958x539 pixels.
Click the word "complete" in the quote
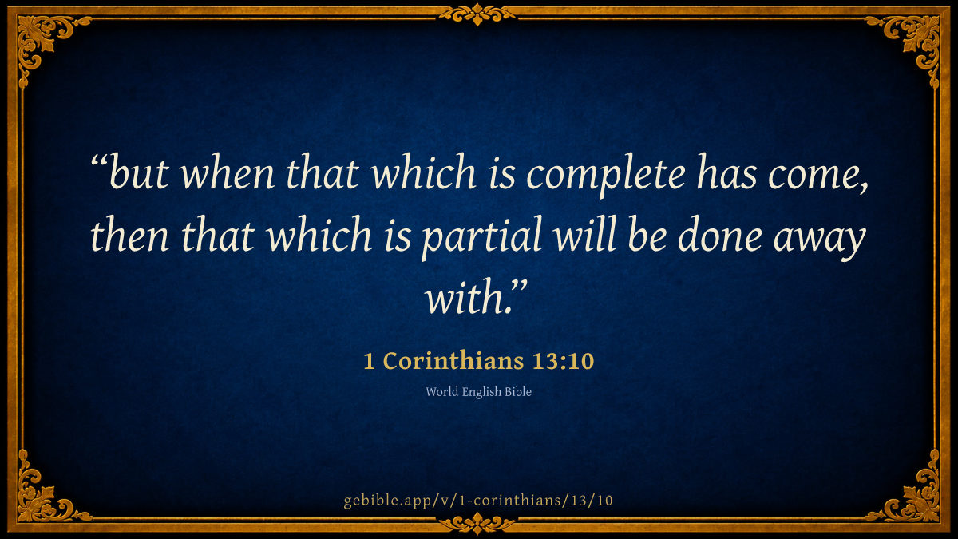coord(606,175)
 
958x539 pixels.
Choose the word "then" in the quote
coord(130,236)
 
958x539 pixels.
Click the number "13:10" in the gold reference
coord(564,361)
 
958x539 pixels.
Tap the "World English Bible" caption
coord(478,392)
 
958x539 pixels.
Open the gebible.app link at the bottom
coord(478,501)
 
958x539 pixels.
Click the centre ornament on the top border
coord(477,14)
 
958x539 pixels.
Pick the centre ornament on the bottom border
coord(477,524)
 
